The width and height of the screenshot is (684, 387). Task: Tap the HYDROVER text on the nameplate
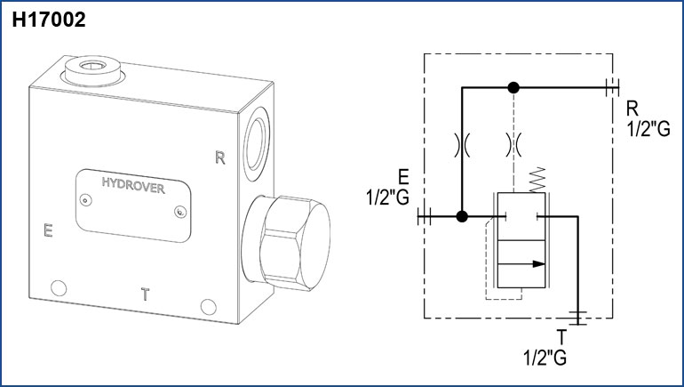(x=135, y=184)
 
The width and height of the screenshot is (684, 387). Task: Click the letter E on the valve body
(x=49, y=232)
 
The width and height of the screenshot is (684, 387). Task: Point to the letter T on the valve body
(x=145, y=293)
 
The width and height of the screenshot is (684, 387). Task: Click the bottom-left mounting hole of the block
(x=59, y=287)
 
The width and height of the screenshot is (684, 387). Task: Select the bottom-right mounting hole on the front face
(x=208, y=306)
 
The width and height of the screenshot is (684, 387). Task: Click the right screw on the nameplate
(x=180, y=212)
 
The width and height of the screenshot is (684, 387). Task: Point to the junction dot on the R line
(x=513, y=87)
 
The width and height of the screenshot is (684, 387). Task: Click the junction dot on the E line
(x=462, y=216)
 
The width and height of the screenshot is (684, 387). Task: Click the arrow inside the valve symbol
(x=532, y=262)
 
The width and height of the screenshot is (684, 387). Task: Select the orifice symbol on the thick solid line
(x=462, y=144)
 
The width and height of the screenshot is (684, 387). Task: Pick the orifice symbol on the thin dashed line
(x=513, y=144)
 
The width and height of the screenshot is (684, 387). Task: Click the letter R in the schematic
(x=632, y=108)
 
